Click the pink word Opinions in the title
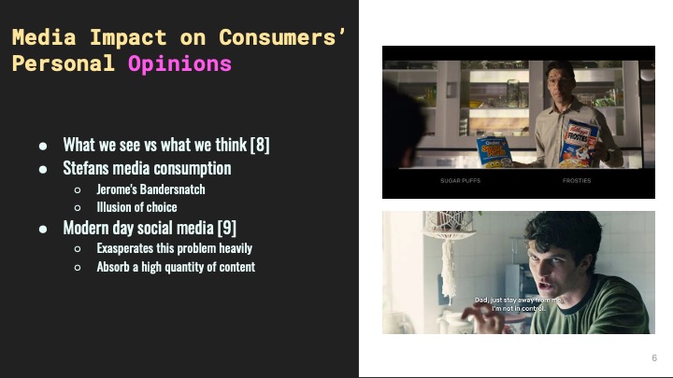click(179, 63)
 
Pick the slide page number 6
click(653, 358)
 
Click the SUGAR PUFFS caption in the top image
click(460, 180)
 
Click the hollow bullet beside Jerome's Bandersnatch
click(78, 189)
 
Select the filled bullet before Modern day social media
click(43, 228)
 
